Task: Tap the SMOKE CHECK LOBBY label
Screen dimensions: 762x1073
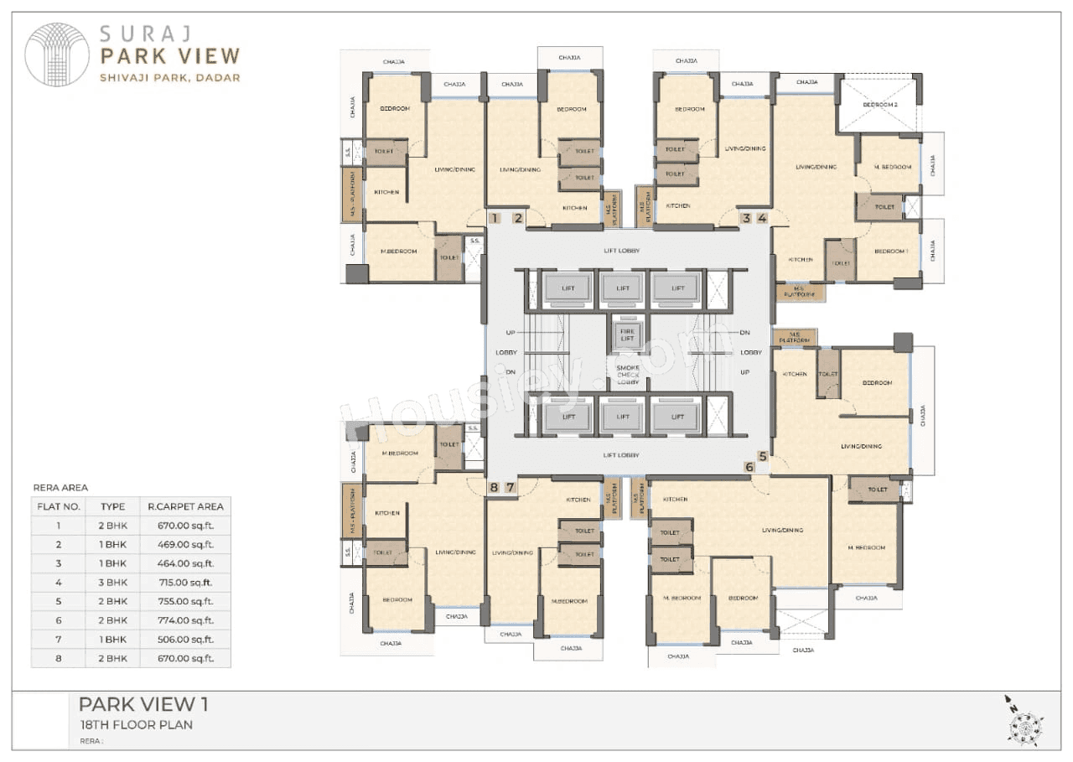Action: tap(628, 375)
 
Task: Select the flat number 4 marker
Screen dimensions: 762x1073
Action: tap(762, 218)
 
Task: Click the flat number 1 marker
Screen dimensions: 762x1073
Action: tap(495, 218)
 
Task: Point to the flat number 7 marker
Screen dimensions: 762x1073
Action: tap(510, 487)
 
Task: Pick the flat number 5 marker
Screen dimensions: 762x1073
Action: tap(762, 456)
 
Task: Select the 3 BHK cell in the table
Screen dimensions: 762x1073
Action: tap(113, 582)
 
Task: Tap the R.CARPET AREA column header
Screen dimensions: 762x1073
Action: tap(185, 506)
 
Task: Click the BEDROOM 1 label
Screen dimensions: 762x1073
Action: tap(890, 251)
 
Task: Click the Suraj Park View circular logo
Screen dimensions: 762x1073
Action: tap(57, 55)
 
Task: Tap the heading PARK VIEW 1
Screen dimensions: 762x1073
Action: tap(143, 703)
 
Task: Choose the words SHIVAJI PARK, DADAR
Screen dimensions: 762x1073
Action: tap(170, 78)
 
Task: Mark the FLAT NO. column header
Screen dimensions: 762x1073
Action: tap(59, 506)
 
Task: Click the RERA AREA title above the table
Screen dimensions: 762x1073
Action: tap(60, 487)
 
